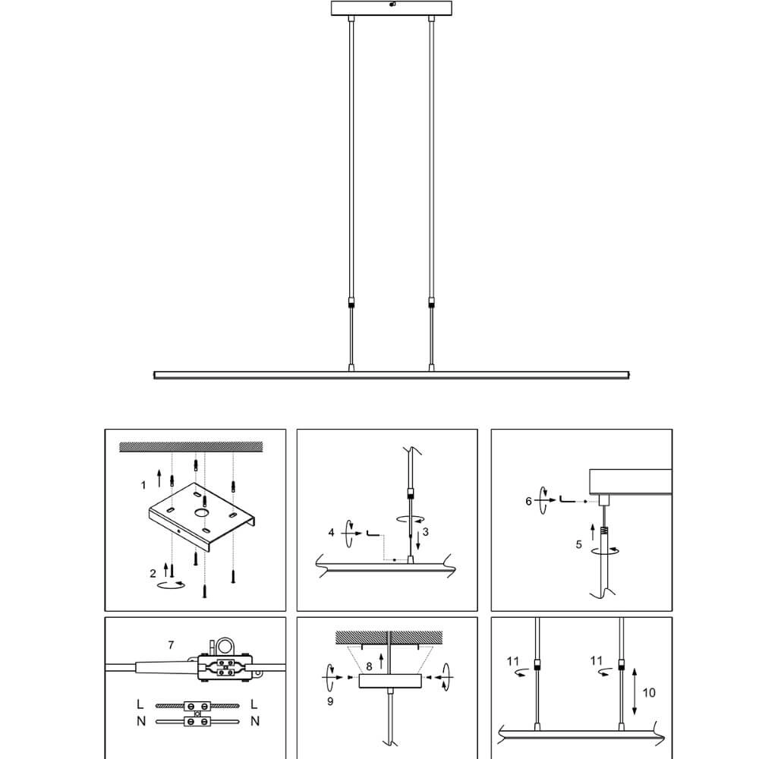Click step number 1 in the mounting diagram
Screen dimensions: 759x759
143,485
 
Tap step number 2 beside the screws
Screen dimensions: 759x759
153,574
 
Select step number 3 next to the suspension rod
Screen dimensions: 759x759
426,532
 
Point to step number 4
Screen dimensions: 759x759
331,533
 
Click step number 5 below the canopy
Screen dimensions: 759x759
578,544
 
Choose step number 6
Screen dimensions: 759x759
528,501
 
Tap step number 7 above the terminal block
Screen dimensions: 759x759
171,644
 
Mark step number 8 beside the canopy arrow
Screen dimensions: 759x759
369,666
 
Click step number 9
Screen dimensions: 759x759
330,701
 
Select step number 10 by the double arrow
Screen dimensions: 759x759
649,693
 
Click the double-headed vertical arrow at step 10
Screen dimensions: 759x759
635,691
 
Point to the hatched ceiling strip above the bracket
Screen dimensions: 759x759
191,447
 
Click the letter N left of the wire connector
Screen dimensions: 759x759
141,721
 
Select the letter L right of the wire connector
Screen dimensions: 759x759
254,704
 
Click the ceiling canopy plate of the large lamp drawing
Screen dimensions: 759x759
392,8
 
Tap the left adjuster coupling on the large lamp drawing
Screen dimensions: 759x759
351,304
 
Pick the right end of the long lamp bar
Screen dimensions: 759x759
628,375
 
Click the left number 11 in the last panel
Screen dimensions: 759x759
513,661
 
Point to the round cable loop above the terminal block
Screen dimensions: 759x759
225,646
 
